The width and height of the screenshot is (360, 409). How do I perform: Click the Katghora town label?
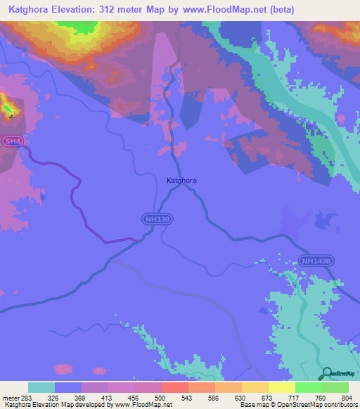[181, 181]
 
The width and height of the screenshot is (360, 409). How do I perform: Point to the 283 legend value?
[24, 397]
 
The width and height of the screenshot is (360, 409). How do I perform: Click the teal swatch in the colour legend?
[41, 387]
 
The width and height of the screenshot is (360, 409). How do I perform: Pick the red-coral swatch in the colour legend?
[174, 387]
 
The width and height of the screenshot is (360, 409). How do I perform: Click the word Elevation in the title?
[82, 10]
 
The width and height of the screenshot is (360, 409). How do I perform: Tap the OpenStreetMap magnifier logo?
[326, 373]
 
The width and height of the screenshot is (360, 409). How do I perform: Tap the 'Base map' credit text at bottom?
[254, 405]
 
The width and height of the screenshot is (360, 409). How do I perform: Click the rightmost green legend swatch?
[335, 387]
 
